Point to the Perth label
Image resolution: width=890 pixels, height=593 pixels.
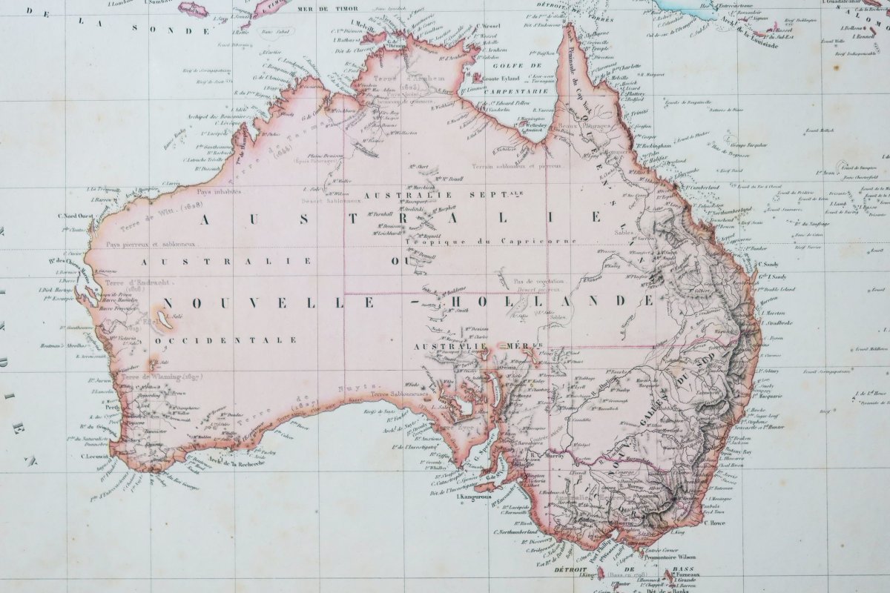point(113,407)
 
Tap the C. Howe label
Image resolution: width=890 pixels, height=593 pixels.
point(713,523)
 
